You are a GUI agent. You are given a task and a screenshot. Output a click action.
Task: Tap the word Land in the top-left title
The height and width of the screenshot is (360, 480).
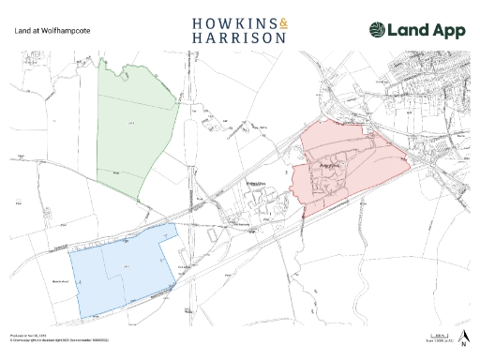click(x=22, y=30)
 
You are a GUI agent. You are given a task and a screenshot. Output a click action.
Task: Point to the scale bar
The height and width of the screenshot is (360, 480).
click(x=438, y=335)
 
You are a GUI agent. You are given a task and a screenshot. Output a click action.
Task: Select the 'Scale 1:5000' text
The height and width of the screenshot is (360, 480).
click(x=438, y=340)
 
